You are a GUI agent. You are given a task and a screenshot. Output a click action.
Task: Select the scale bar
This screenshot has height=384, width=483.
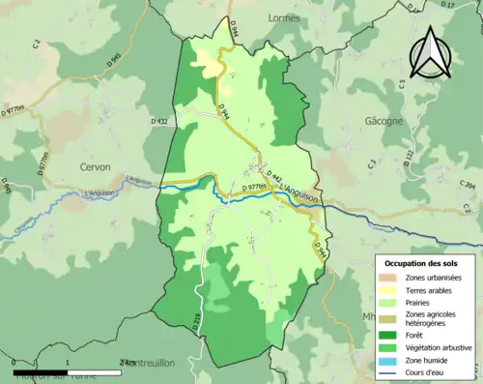pyautogui.click(x=68, y=369)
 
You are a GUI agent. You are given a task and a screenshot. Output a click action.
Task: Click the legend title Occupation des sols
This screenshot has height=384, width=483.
pyautogui.click(x=423, y=263)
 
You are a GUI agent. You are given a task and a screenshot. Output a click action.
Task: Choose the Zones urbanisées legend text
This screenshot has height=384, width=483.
pyautogui.click(x=434, y=278)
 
